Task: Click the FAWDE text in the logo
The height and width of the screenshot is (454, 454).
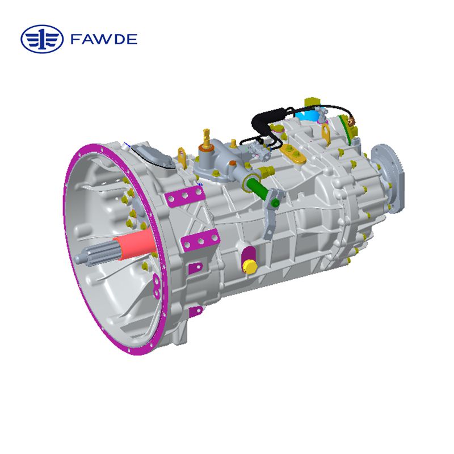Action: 104,39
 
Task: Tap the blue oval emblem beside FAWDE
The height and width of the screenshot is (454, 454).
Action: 43,39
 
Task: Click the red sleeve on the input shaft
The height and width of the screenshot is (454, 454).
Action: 134,245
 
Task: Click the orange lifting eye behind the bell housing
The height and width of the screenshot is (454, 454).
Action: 182,157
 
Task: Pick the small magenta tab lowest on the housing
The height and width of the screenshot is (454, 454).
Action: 196,310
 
